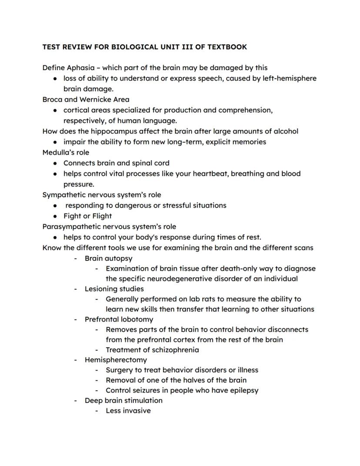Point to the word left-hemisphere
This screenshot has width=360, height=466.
[x=287, y=78]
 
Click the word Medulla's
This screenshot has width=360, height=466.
[x=59, y=152]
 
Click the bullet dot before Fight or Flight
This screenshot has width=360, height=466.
[x=55, y=216]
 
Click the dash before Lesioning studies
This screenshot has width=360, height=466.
[x=76, y=289]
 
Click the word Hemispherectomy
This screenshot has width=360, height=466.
[x=116, y=360]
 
